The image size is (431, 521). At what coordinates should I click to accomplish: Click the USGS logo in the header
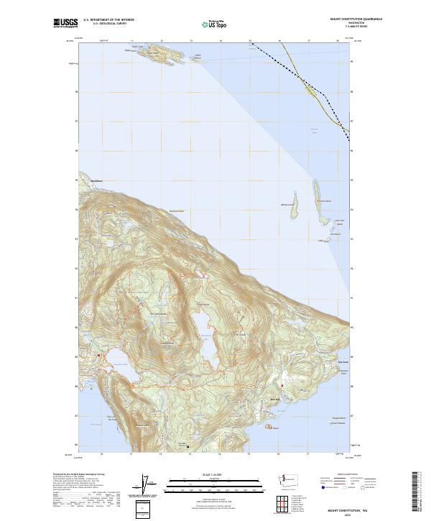click(x=65, y=23)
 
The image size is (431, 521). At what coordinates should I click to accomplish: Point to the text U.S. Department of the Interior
click(x=108, y=20)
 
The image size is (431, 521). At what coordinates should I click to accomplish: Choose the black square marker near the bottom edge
click(x=189, y=446)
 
